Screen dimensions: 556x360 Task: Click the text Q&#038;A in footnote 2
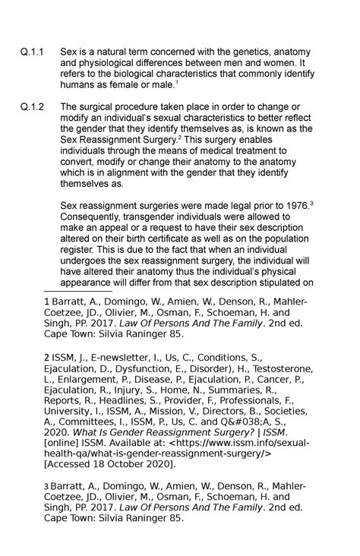pos(244,421)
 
